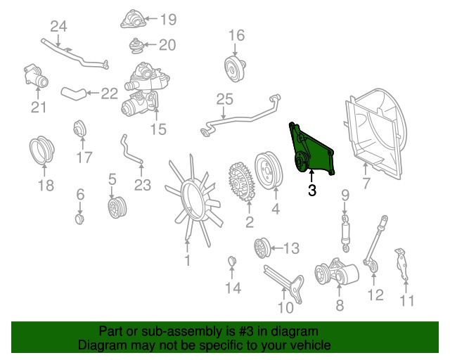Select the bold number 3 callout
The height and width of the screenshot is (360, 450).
(312, 191)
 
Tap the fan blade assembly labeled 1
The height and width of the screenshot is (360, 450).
(193, 201)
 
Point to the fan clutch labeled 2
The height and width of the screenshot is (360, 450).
(241, 181)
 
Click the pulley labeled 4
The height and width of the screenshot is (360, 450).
(269, 171)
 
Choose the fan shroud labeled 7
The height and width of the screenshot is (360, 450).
(375, 134)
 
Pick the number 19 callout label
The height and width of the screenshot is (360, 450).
(168, 20)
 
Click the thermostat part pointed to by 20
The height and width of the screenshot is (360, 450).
(136, 46)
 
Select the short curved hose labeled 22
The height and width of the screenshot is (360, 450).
(73, 94)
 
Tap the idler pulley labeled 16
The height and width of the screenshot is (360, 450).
(235, 69)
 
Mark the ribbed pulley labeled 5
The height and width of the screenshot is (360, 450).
(117, 207)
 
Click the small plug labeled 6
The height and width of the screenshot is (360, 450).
(79, 219)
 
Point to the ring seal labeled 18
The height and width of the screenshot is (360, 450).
(42, 150)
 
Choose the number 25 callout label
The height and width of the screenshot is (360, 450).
(225, 100)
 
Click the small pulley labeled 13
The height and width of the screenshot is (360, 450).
(262, 247)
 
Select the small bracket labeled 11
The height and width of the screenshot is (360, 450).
(401, 264)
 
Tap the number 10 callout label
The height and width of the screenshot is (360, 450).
(285, 308)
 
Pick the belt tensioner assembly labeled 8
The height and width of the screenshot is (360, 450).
(336, 272)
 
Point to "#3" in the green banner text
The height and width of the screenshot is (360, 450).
(246, 332)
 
